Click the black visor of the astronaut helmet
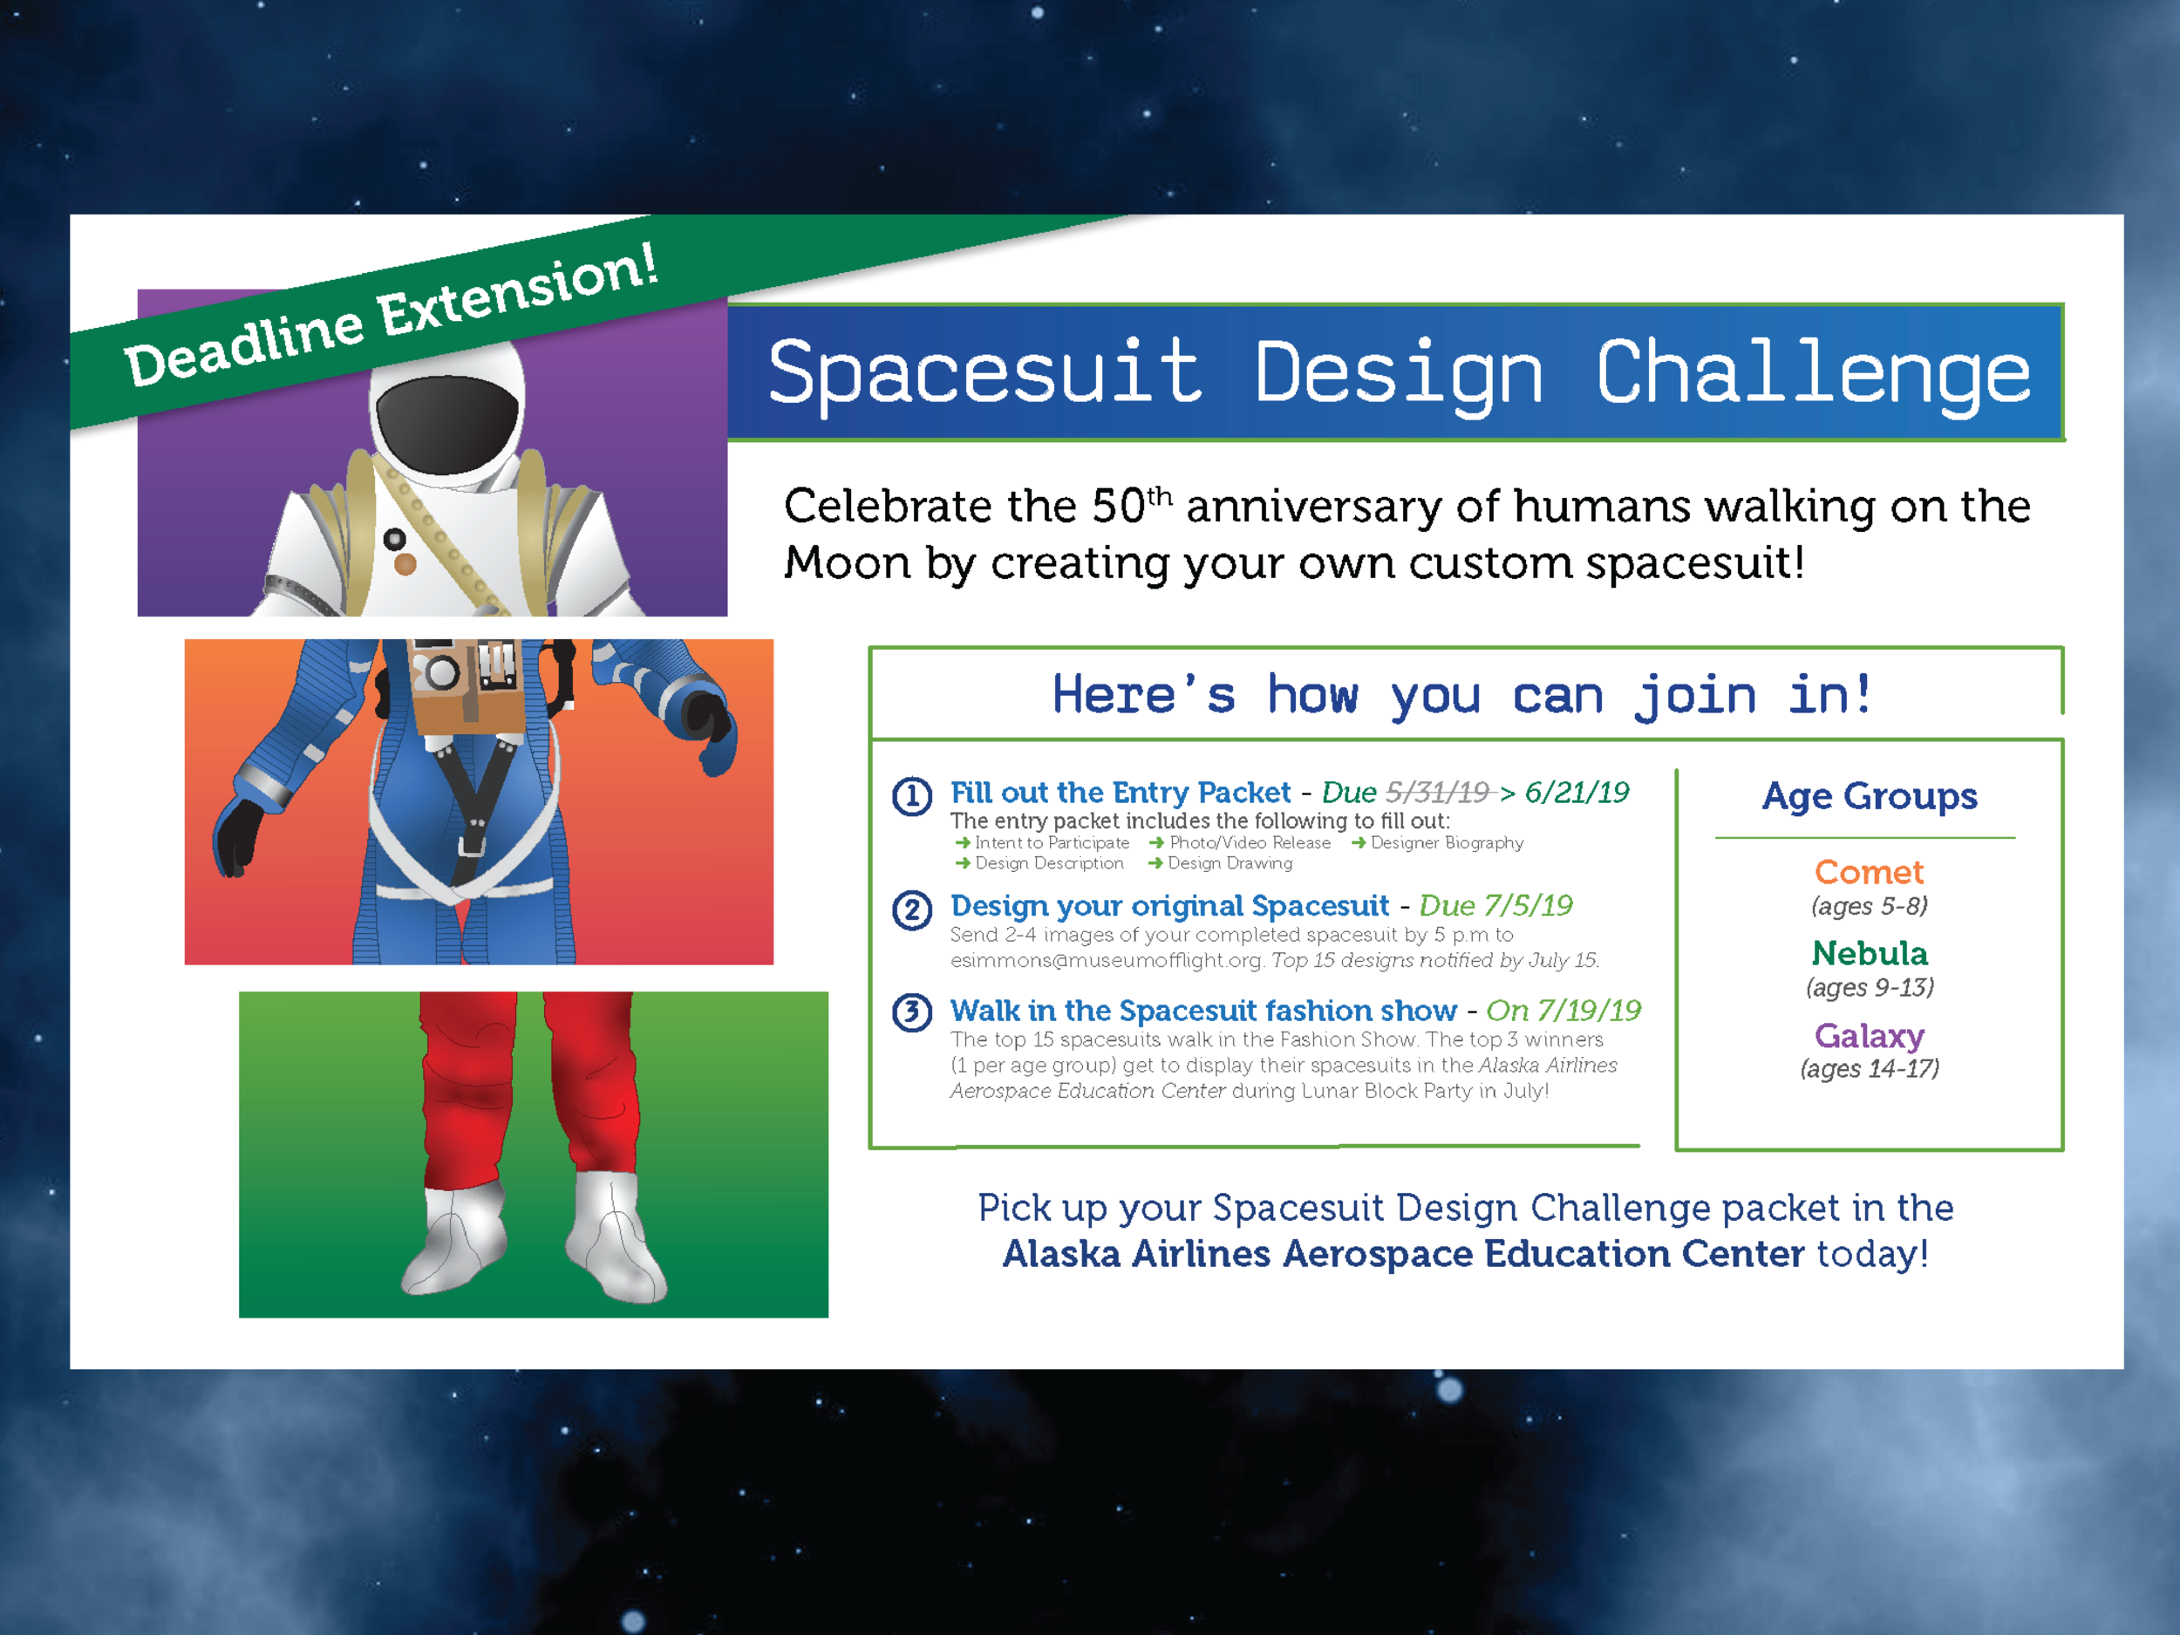tap(447, 424)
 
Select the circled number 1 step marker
tap(911, 795)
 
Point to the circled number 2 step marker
tap(911, 909)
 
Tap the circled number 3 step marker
tap(911, 1012)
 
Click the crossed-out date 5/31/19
tap(1437, 793)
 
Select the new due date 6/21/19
tap(1577, 793)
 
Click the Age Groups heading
tap(1869, 796)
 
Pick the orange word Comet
tap(1869, 872)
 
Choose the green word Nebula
tap(1869, 953)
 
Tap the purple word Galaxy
tap(1869, 1036)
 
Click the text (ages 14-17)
tap(1869, 1069)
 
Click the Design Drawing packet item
tap(1229, 863)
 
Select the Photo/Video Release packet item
tap(1249, 842)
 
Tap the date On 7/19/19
tap(1563, 1010)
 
